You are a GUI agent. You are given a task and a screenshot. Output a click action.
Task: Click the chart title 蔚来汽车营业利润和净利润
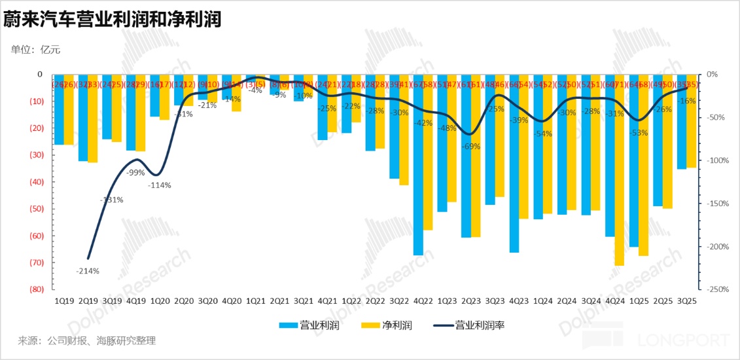(x=112, y=19)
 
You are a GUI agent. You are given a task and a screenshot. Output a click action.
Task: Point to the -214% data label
(x=87, y=270)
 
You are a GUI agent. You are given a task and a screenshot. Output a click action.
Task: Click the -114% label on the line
(x=159, y=185)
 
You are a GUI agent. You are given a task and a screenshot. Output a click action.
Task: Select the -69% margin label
(x=470, y=147)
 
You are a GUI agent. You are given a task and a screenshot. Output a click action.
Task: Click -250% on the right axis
(x=718, y=289)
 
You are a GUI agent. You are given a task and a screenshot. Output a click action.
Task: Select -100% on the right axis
(x=718, y=160)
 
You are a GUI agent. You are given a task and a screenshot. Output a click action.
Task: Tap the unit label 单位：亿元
(x=36, y=50)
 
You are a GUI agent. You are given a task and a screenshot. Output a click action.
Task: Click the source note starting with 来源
(x=87, y=341)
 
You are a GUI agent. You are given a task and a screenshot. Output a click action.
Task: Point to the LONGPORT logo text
(x=684, y=341)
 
